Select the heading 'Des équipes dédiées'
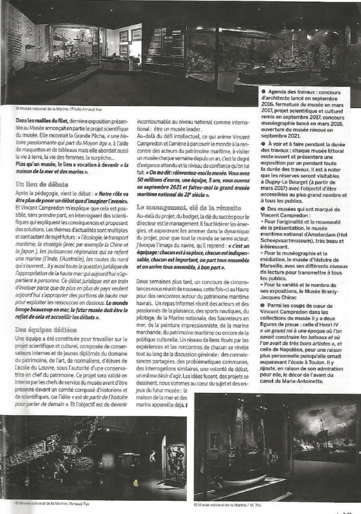click(x=47, y=330)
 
